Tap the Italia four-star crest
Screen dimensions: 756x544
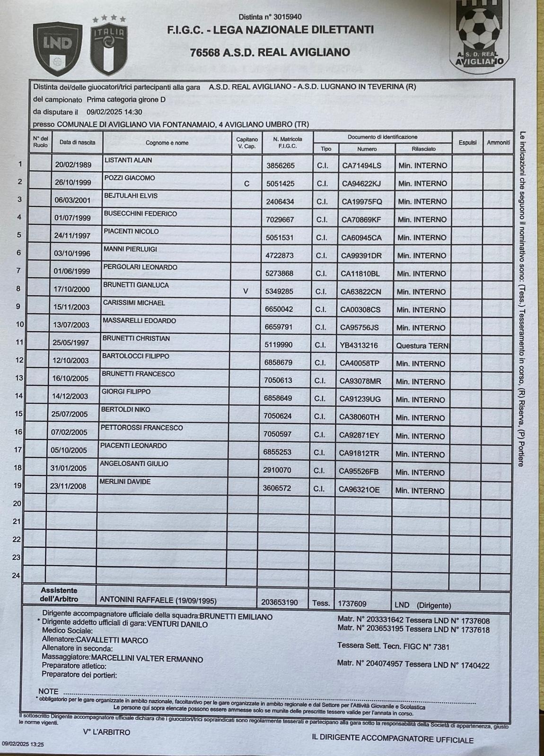pyautogui.click(x=109, y=46)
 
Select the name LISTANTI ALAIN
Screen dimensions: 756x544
pyautogui.click(x=128, y=160)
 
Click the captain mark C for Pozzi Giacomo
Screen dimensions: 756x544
pyautogui.click(x=246, y=183)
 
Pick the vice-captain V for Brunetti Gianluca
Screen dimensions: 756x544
pyautogui.click(x=246, y=292)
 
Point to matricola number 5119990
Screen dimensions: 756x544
pyautogui.click(x=279, y=345)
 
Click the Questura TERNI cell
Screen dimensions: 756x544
pyautogui.click(x=422, y=345)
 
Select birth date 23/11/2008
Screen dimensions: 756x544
pyautogui.click(x=69, y=486)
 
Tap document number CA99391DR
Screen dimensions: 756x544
pyautogui.click(x=361, y=256)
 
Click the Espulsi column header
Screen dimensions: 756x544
pyautogui.click(x=467, y=142)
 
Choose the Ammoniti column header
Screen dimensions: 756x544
pyautogui.click(x=498, y=142)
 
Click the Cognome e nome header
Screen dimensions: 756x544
pyautogui.click(x=167, y=143)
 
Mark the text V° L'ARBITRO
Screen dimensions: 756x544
pyautogui.click(x=106, y=732)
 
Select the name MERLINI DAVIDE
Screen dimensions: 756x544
pyautogui.click(x=125, y=481)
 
